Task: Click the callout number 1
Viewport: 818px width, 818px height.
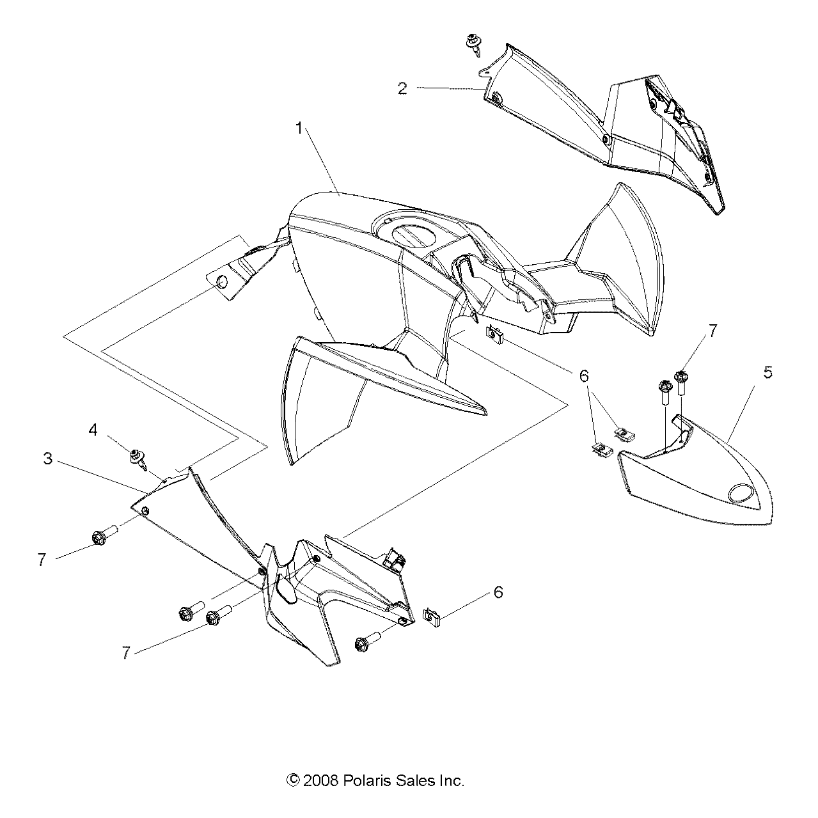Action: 298,129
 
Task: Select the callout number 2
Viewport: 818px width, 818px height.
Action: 402,88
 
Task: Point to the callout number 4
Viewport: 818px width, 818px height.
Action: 93,430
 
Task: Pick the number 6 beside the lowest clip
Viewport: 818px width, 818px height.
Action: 498,592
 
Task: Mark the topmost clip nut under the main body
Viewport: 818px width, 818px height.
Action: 493,333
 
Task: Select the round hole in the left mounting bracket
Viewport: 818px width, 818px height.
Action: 222,282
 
